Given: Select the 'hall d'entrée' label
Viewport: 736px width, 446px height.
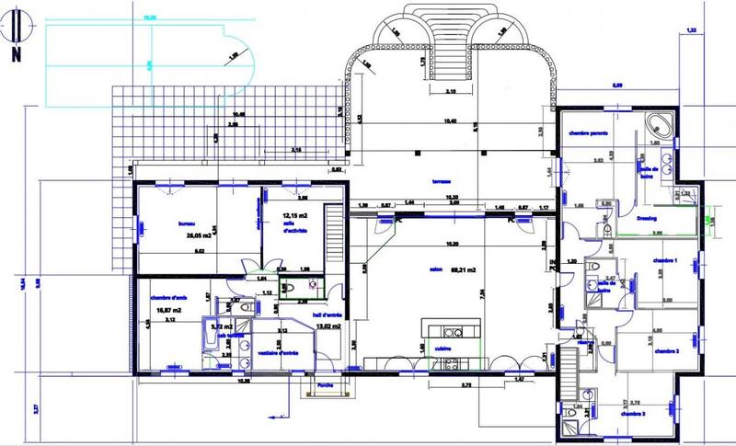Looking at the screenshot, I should (x=327, y=315).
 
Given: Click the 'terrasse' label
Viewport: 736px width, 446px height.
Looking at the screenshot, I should (x=448, y=181).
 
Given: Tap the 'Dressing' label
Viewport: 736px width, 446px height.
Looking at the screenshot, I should (x=648, y=218).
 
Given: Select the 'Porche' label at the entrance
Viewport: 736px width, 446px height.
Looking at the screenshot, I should (x=324, y=385).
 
